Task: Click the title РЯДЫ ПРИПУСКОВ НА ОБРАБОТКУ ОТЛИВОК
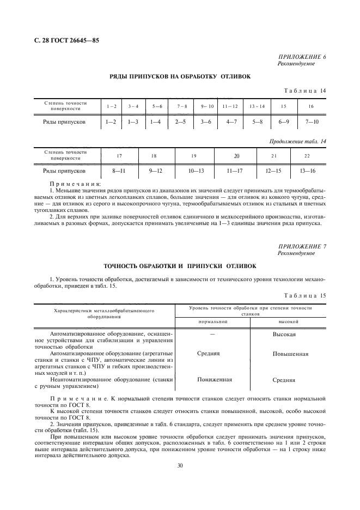tap(180, 77)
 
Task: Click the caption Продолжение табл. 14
tap(298, 141)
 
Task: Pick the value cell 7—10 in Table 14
tap(311, 122)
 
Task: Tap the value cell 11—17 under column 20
tap(236, 171)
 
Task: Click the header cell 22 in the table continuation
tap(307, 155)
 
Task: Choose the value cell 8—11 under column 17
tap(119, 171)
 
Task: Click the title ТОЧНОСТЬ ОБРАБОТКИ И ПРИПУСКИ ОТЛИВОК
tap(180, 266)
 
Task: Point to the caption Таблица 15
tap(306, 295)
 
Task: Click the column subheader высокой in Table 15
tap(288, 321)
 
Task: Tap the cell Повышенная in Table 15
tap(290, 354)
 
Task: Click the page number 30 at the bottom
tap(180, 466)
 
